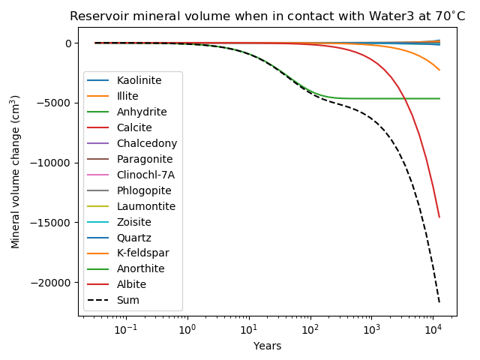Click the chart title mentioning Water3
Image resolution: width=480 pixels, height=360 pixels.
tap(267, 16)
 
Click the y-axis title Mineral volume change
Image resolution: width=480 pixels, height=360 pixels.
tap(16, 172)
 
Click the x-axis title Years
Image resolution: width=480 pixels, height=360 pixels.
tap(267, 346)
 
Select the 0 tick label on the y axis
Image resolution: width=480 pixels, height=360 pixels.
tap(67, 43)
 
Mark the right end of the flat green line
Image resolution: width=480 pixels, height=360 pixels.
tap(439, 98)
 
